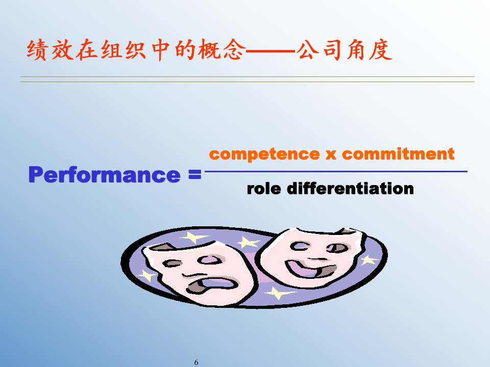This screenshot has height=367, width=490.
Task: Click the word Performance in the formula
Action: click(x=104, y=175)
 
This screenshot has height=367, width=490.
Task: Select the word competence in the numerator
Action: click(x=264, y=153)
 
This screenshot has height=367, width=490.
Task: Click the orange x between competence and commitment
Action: click(x=330, y=154)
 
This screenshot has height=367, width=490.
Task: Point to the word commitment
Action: click(x=398, y=153)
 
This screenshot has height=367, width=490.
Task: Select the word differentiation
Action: click(x=350, y=189)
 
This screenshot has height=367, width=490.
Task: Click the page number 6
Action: click(x=197, y=362)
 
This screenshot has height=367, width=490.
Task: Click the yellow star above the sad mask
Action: click(x=192, y=238)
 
